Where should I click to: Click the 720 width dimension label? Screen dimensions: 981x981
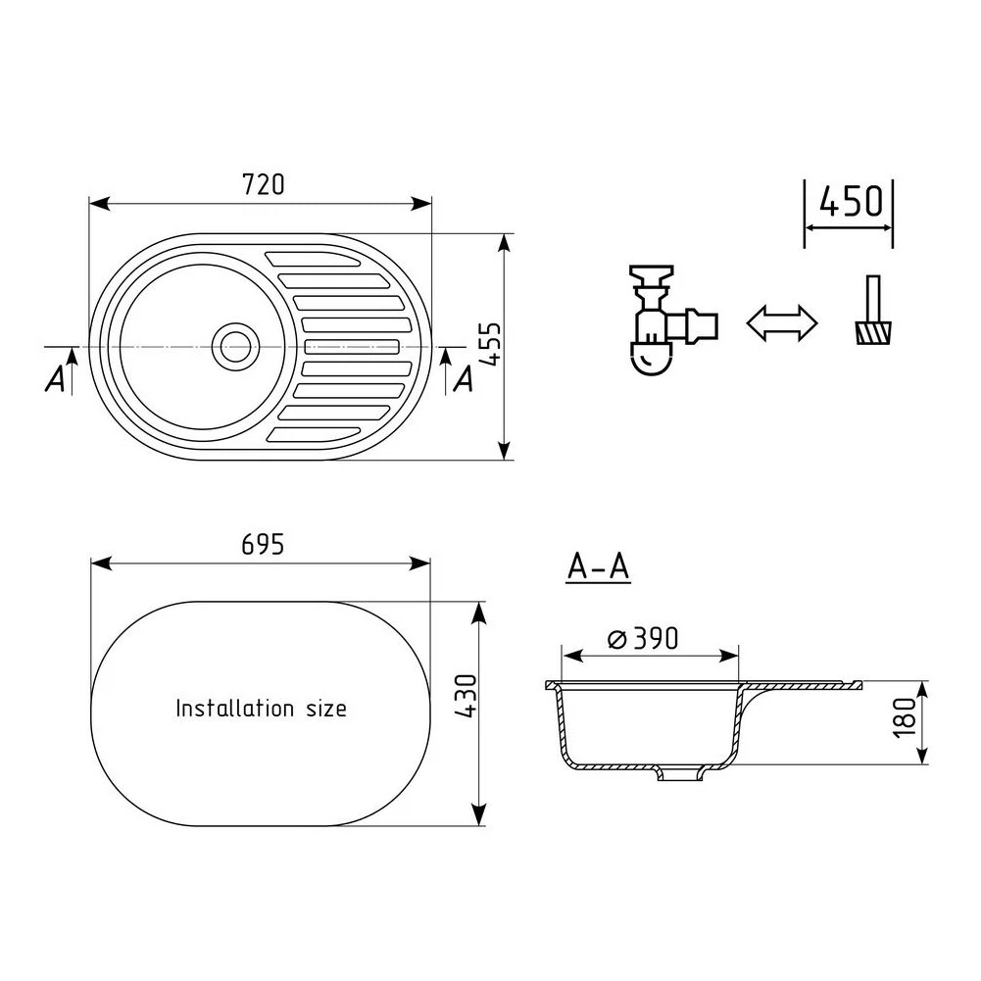tap(263, 184)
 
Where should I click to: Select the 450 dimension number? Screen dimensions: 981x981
tap(851, 201)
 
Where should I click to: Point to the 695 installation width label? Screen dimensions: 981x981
tap(263, 544)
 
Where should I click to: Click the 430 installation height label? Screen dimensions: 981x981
tap(466, 696)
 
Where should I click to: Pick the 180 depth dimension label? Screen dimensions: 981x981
tap(905, 717)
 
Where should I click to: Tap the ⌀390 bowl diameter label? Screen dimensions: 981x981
tap(643, 639)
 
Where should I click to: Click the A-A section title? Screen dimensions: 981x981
tap(598, 566)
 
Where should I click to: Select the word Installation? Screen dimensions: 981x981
tap(234, 709)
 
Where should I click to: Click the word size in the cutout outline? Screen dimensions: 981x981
tap(326, 710)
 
